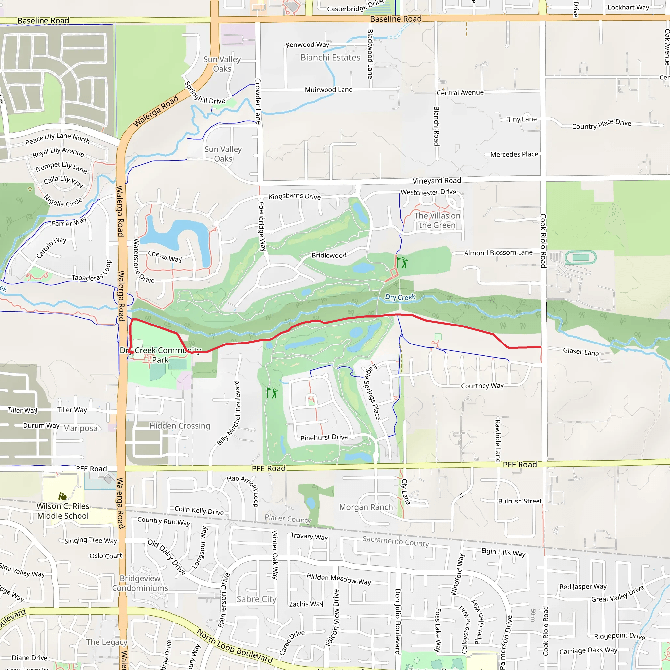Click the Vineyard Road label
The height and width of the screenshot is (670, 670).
437,181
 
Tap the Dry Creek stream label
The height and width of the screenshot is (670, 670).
400,297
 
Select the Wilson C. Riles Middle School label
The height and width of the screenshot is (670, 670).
63,511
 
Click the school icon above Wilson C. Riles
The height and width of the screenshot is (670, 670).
62,497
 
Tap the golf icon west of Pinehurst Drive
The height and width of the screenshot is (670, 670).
272,393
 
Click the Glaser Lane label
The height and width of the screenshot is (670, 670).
581,352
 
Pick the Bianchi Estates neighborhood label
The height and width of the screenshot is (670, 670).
330,58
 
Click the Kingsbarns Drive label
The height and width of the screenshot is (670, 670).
294,196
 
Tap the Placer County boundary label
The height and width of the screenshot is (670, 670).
288,519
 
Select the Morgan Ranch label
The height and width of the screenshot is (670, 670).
366,507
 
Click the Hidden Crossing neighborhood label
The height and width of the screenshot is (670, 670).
180,426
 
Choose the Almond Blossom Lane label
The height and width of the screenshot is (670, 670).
498,253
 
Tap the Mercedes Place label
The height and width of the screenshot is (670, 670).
514,154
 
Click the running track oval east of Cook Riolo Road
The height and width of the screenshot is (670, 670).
581,257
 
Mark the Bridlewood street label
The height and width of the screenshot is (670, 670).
329,256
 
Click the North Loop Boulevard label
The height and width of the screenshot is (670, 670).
235,646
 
